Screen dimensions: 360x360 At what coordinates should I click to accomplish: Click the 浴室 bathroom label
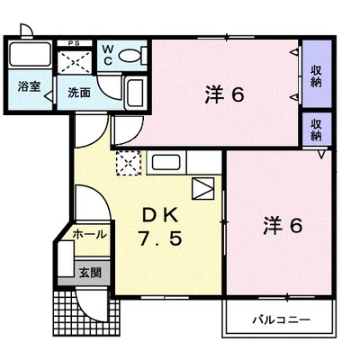pos(27,88)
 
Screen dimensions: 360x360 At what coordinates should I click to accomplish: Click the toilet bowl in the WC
pos(128,55)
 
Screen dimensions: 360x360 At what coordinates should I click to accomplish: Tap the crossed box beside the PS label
pos(76,62)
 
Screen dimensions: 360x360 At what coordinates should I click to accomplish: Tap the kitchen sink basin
pos(166,164)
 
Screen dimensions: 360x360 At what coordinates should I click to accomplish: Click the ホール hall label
pos(89,235)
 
